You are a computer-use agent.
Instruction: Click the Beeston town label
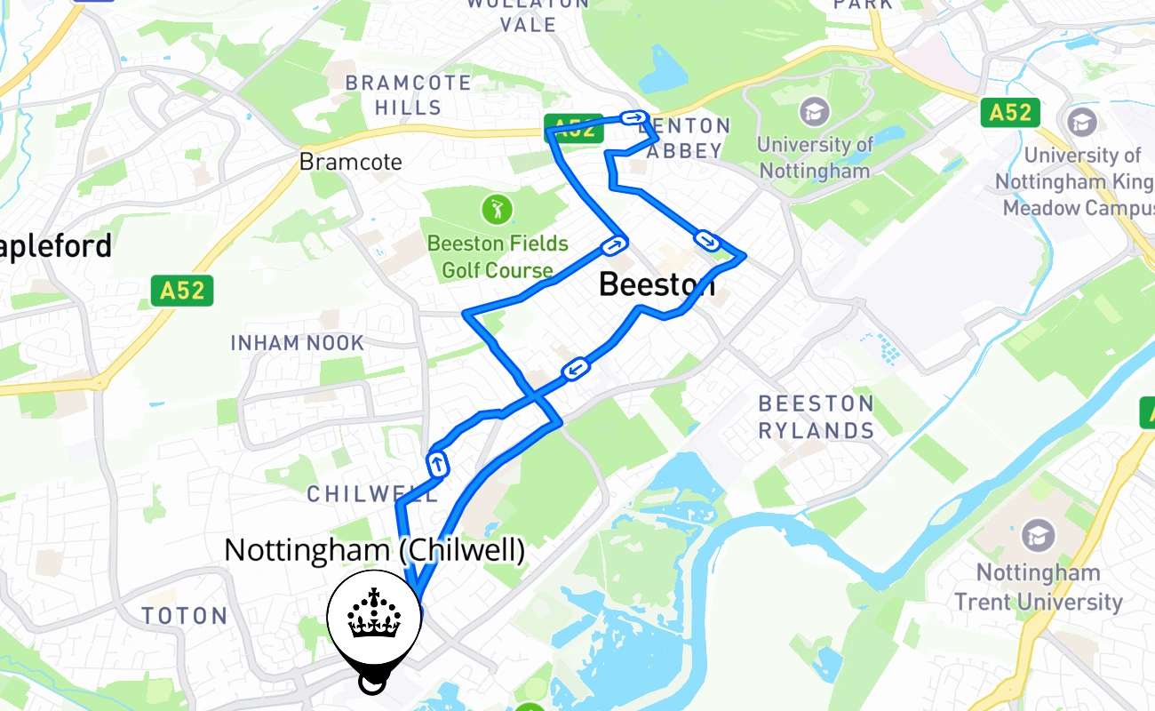[656, 284]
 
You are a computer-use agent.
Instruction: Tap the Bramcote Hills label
[408, 95]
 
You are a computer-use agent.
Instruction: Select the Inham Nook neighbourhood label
[298, 343]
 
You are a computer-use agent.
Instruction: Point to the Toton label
[185, 616]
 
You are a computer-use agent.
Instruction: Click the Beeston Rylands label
[816, 417]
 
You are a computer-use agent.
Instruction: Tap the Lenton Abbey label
[684, 139]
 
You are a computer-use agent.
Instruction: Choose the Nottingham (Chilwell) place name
[374, 550]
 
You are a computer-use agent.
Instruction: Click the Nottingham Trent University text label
[1038, 587]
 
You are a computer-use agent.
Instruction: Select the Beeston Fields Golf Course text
[497, 256]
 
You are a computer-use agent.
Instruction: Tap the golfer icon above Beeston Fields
[497, 211]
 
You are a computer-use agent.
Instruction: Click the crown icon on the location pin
[374, 613]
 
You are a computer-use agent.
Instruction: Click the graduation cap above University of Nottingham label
[814, 111]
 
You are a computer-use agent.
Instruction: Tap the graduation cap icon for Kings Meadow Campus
[1082, 123]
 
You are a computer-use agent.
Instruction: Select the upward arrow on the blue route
[437, 463]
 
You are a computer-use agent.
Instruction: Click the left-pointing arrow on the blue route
[576, 368]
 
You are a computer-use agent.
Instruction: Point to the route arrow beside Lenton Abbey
[634, 117]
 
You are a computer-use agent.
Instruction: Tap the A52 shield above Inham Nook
[182, 291]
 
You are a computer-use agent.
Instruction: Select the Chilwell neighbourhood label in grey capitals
[372, 494]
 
